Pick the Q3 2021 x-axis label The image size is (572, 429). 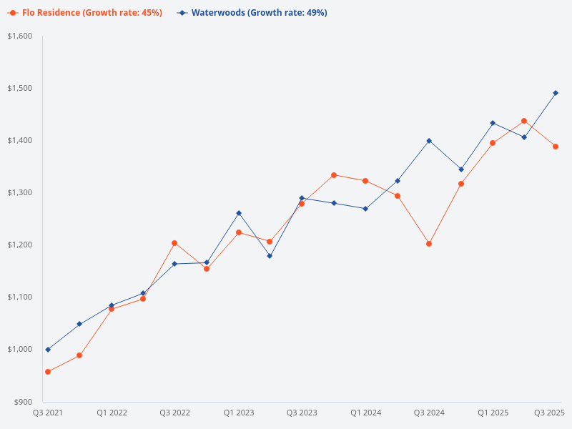coord(48,413)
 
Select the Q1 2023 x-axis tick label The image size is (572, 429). coord(238,413)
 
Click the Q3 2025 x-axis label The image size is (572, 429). coord(550,413)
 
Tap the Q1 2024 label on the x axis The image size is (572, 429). coord(365,413)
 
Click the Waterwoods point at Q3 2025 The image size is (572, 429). coord(556,93)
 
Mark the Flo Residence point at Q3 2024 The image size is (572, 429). coord(429,244)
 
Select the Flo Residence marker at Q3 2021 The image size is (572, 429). coord(48,372)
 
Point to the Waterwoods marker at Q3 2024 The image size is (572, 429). coord(429,141)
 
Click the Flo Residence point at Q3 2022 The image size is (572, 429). coord(174,243)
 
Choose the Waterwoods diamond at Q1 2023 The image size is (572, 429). coord(238,213)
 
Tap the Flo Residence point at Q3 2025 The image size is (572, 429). coord(556,147)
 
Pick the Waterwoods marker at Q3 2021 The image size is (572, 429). coord(48,350)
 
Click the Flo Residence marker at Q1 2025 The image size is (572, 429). coord(493,143)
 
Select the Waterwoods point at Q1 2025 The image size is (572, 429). coord(493,123)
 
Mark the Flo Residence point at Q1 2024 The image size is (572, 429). coord(365,181)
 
